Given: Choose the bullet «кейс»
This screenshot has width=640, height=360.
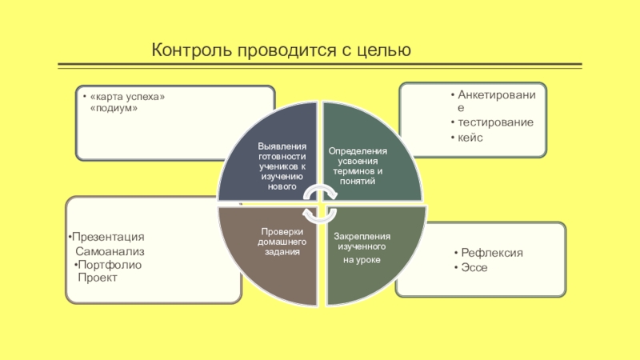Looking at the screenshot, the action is pos(470,138).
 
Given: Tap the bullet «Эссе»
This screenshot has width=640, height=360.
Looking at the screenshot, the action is pos(474,266).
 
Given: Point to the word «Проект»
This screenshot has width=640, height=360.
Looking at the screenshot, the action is pos(97,277).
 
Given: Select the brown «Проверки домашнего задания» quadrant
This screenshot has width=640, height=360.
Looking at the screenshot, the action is pos(280,241).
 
